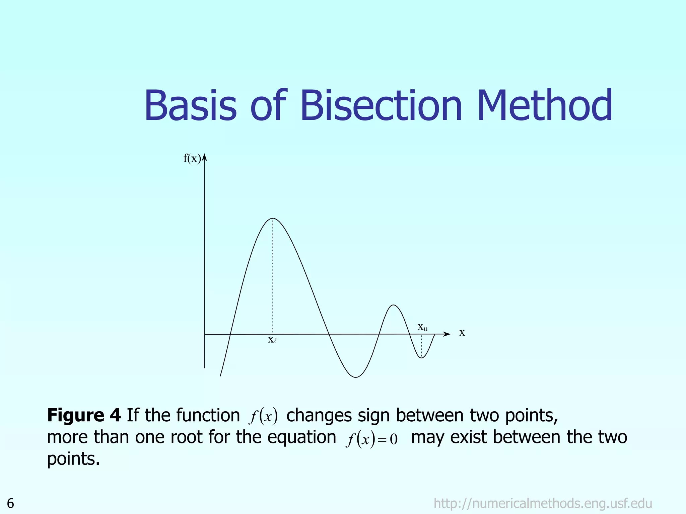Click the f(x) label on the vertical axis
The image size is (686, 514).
(x=192, y=158)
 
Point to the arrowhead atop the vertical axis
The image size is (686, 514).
(x=204, y=157)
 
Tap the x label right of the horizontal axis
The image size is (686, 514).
(x=462, y=333)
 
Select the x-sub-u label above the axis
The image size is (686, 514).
(x=422, y=327)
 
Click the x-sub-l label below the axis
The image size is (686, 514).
(x=272, y=340)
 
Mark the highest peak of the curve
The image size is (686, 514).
(x=273, y=219)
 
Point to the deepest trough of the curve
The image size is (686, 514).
(x=356, y=377)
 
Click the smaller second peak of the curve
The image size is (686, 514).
(x=394, y=305)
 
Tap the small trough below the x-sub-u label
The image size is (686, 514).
(x=422, y=358)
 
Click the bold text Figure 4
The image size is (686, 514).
(x=84, y=415)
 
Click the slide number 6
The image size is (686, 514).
(x=10, y=503)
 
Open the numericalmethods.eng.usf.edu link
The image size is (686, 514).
(x=543, y=503)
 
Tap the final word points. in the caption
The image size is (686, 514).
(x=73, y=459)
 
